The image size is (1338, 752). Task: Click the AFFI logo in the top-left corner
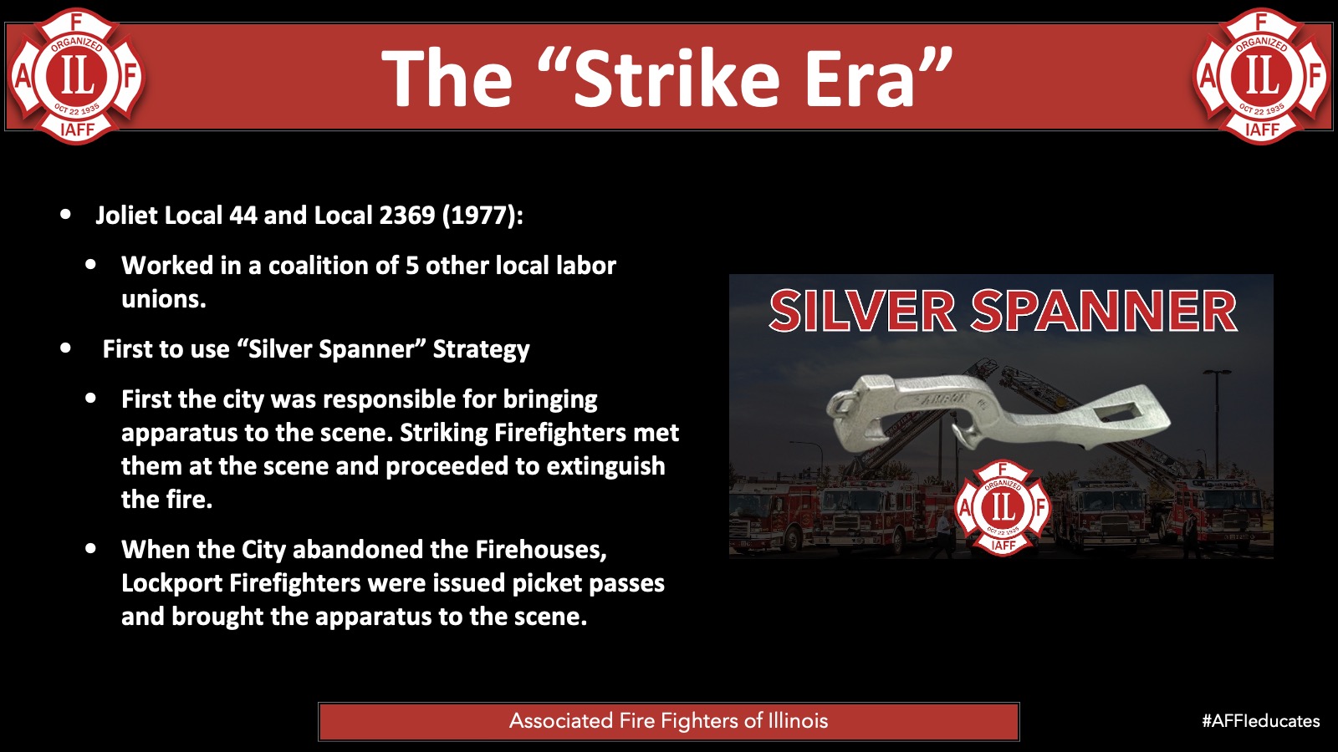click(x=77, y=76)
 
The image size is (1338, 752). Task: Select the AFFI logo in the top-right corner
click(x=1262, y=76)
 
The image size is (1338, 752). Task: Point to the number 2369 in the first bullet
click(x=406, y=216)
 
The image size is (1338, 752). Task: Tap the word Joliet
click(x=126, y=216)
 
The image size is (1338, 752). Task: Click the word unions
click(x=164, y=299)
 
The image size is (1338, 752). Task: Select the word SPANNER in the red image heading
click(x=1104, y=311)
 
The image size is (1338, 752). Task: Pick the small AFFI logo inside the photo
click(x=1003, y=507)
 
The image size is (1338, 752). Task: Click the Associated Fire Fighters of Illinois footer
click(x=668, y=721)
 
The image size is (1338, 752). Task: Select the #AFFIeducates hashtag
click(x=1260, y=721)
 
